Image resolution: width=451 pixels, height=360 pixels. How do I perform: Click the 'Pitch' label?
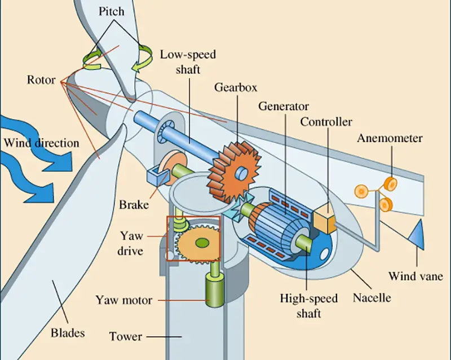point(112,11)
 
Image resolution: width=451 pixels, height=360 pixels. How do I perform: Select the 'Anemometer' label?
point(390,138)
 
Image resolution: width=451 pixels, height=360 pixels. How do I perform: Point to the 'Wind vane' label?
point(416,276)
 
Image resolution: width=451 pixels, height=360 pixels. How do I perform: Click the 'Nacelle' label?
point(372,296)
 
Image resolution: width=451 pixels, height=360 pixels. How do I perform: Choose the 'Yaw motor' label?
point(124,300)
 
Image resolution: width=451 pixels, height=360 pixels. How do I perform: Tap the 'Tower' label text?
point(126,336)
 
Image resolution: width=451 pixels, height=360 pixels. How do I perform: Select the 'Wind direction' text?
point(41,143)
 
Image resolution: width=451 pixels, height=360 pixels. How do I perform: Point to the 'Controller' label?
point(326,122)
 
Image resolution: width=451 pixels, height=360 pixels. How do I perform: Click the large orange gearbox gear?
point(232,169)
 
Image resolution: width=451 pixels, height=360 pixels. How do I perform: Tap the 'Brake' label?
point(134,204)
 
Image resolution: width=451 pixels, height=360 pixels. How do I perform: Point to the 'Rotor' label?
point(41,80)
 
